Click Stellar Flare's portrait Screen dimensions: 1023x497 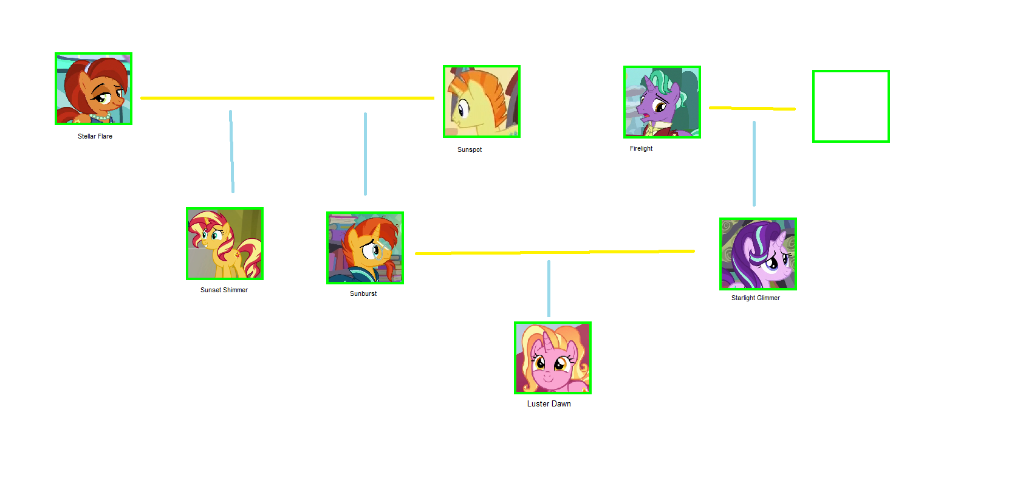(x=94, y=89)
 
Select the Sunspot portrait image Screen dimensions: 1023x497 (x=482, y=101)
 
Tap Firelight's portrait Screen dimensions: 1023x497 (x=662, y=102)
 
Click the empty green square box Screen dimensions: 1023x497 (x=851, y=106)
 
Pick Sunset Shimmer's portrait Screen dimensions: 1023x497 (x=225, y=244)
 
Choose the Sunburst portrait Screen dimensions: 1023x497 (x=365, y=247)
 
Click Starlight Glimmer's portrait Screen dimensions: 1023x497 (x=758, y=254)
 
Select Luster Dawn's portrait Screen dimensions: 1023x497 (x=553, y=358)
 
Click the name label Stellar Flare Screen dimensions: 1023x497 (x=95, y=136)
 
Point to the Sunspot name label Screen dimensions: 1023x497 (x=470, y=149)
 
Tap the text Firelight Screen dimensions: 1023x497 (x=641, y=148)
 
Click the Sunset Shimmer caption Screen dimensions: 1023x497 (x=224, y=290)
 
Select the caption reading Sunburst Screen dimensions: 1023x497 (x=363, y=293)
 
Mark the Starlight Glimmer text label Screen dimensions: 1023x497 (x=756, y=298)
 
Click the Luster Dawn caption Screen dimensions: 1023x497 (x=549, y=403)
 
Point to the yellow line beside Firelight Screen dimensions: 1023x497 (x=752, y=109)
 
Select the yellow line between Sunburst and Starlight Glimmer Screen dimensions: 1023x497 (x=555, y=252)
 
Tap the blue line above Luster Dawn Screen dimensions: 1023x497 (x=549, y=289)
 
